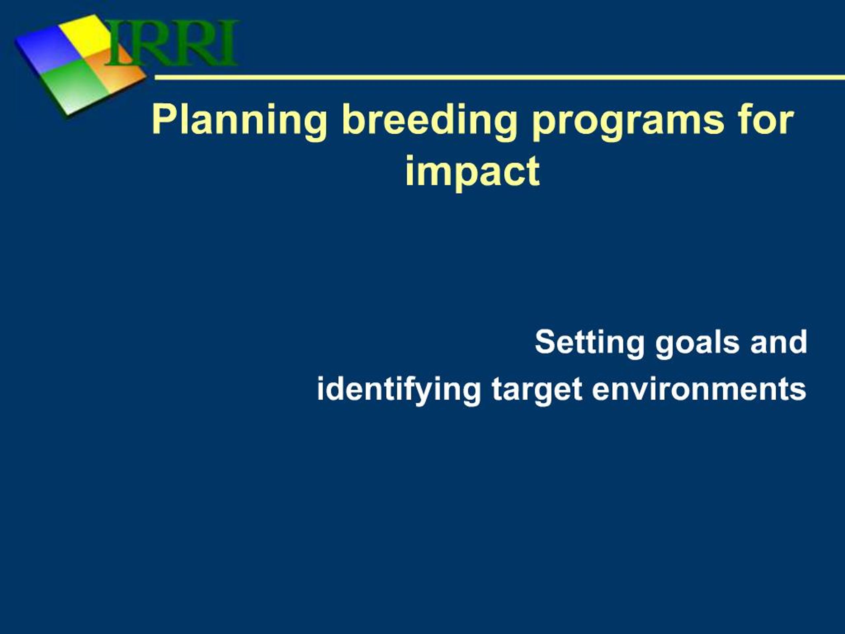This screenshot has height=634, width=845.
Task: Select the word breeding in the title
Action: pyautogui.click(x=429, y=122)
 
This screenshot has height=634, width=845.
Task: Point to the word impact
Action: pyautogui.click(x=473, y=172)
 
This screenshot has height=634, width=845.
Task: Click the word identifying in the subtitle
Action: pyautogui.click(x=398, y=390)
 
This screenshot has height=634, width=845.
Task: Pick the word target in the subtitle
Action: pyautogui.click(x=537, y=390)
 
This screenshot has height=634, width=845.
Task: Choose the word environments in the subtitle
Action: pyautogui.click(x=699, y=388)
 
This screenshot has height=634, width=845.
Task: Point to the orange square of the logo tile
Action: pyautogui.click(x=117, y=71)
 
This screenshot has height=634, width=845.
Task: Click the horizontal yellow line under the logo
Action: pyautogui.click(x=500, y=78)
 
